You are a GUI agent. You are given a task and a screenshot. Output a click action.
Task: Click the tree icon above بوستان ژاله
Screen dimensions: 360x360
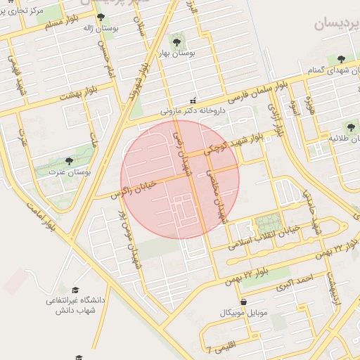point(101,17)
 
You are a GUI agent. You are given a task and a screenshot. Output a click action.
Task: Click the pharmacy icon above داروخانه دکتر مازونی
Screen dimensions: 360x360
point(193,101)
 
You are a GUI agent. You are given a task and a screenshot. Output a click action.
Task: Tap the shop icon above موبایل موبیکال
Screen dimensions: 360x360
point(243,302)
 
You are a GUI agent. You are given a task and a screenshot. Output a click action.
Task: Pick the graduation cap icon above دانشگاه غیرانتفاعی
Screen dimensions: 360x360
point(75,289)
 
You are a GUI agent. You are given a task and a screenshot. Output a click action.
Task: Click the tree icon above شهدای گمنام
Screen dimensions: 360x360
point(341,60)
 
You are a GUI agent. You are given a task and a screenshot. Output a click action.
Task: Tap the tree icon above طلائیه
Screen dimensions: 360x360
point(352,127)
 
